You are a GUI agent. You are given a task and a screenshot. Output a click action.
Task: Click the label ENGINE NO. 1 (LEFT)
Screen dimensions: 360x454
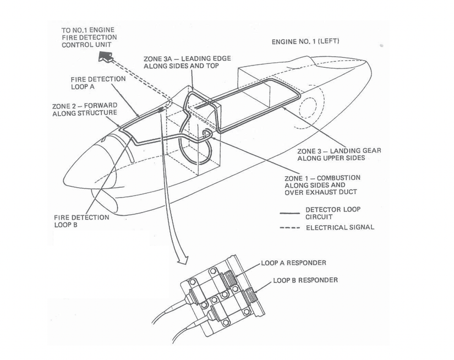pyautogui.click(x=309, y=42)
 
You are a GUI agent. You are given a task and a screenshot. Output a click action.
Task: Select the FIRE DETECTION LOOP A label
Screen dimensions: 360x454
pyautogui.click(x=99, y=83)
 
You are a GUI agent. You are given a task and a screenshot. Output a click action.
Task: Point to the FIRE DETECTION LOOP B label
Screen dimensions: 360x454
pyautogui.click(x=82, y=221)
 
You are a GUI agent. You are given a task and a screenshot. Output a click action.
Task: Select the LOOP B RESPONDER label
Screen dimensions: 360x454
pyautogui.click(x=305, y=280)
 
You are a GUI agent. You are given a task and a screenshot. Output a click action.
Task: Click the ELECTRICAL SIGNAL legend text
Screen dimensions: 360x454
pyautogui.click(x=340, y=227)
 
